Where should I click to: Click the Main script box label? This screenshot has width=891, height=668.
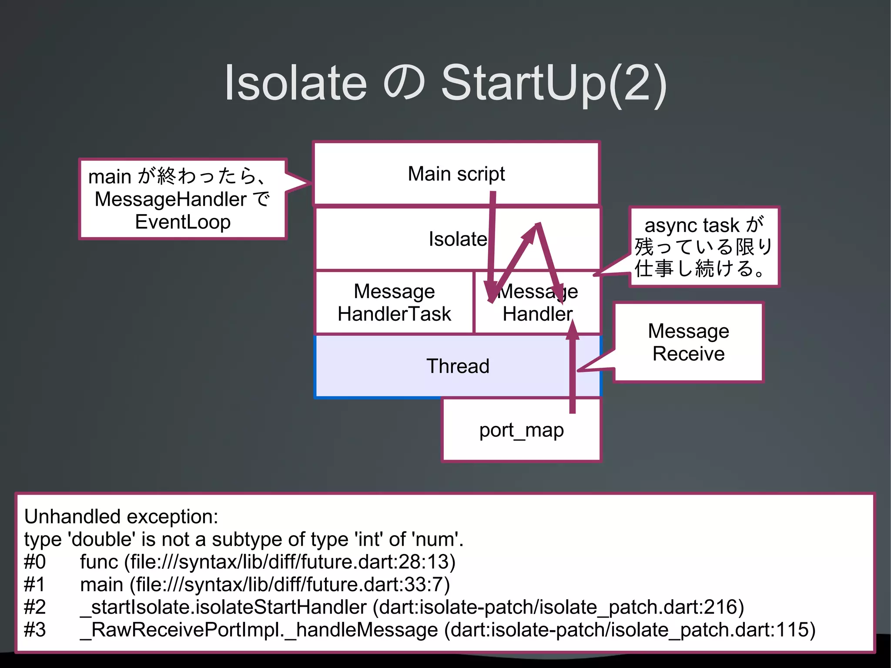tap(456, 174)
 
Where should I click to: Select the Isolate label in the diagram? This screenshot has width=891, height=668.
tap(458, 239)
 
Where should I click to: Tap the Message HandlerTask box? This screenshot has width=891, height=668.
tap(394, 302)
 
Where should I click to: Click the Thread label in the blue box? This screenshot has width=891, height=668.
tap(458, 366)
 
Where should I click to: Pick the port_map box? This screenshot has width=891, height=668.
tap(521, 430)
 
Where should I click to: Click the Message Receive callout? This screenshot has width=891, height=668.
tap(688, 342)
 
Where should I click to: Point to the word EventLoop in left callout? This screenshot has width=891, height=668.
tap(183, 222)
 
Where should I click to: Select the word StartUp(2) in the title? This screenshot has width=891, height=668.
tap(553, 83)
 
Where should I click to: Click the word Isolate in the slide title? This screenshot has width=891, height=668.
tap(295, 83)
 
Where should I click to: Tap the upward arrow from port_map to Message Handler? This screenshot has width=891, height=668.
tap(573, 370)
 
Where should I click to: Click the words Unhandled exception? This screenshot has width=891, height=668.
tap(121, 517)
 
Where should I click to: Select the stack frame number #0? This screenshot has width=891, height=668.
tap(35, 562)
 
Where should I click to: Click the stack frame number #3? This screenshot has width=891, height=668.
tap(35, 630)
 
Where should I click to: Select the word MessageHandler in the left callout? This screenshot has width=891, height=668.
tap(171, 200)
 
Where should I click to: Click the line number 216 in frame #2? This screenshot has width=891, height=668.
tap(720, 607)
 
